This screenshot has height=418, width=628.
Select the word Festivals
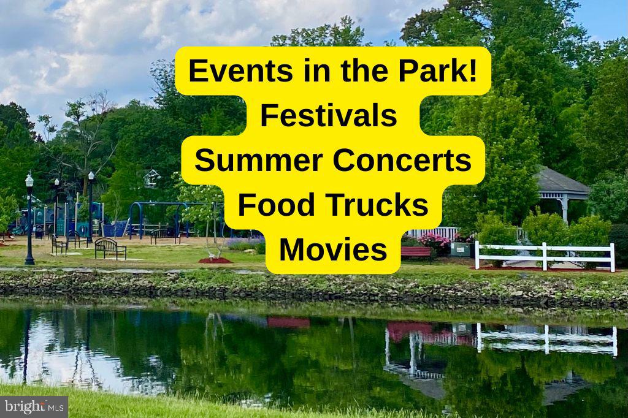tap(329, 115)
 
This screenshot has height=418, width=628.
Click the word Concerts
tap(402, 160)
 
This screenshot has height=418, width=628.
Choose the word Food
tap(274, 205)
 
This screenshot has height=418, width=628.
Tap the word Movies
tap(333, 249)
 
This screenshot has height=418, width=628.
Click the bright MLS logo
tap(34, 407)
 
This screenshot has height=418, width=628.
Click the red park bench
tap(416, 253)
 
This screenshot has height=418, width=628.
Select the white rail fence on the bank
tap(545, 256)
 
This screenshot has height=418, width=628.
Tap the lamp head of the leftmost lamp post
tap(29, 180)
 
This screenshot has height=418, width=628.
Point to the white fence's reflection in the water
tap(547, 340)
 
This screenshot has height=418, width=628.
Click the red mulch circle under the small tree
tap(215, 260)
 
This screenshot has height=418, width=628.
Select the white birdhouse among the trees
tap(152, 178)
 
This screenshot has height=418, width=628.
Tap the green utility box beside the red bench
tap(460, 249)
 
